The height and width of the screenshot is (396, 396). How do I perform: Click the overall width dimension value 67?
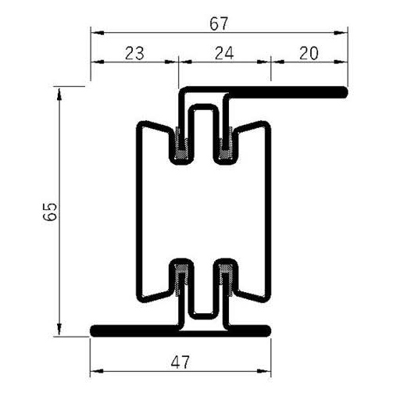pyautogui.click(x=219, y=23)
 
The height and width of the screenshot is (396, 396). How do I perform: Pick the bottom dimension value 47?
pyautogui.click(x=180, y=362)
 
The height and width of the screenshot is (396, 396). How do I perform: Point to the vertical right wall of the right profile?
pyautogui.click(x=268, y=211)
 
